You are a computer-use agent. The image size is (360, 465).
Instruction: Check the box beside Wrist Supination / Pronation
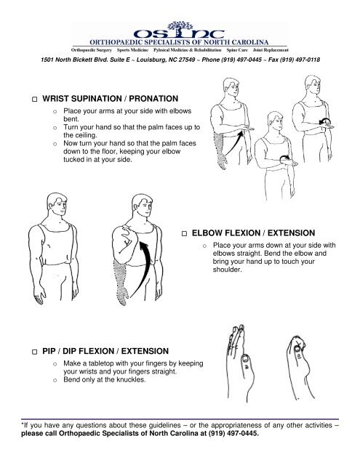[35, 99]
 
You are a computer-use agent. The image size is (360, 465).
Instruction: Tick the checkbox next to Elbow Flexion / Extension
[184, 233]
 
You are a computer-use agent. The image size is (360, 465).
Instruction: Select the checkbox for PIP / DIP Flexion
[35, 352]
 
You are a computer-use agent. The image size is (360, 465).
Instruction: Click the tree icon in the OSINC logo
[180, 27]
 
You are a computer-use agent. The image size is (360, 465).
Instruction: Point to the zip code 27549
[187, 60]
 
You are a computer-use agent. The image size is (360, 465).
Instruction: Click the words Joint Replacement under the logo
[271, 50]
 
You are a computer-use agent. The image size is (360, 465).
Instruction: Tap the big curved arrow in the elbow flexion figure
[142, 269]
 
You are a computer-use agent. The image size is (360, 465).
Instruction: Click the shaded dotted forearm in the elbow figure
[120, 281]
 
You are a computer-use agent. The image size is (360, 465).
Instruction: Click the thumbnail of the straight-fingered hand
[246, 359]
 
